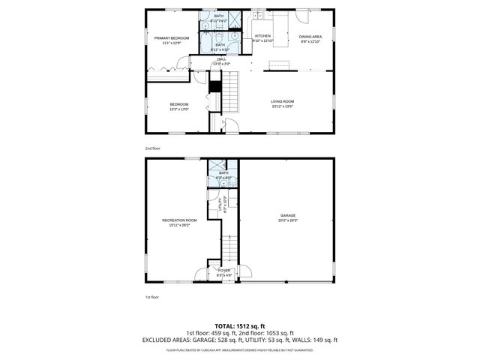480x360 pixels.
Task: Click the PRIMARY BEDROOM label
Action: pyautogui.click(x=171, y=37)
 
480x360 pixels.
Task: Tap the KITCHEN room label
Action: pyautogui.click(x=262, y=35)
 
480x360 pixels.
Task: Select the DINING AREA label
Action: pyautogui.click(x=310, y=36)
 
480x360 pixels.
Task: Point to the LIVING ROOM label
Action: pyautogui.click(x=282, y=101)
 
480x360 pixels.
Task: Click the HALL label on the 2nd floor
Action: pyautogui.click(x=221, y=59)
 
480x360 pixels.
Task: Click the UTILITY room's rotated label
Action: pyautogui.click(x=219, y=203)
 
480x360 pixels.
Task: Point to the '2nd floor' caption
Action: pyautogui.click(x=152, y=148)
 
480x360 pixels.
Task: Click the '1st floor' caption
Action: pyautogui.click(x=152, y=298)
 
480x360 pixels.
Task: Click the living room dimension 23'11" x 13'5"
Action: pyautogui.click(x=282, y=106)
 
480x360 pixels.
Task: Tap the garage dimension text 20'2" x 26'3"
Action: pyautogui.click(x=288, y=220)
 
